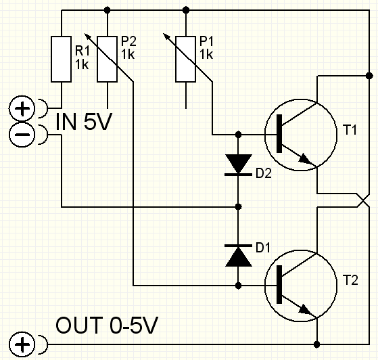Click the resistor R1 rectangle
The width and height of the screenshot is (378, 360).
tap(62, 59)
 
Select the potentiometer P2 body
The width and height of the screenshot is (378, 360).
tap(108, 59)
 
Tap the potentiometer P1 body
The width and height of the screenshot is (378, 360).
tap(186, 59)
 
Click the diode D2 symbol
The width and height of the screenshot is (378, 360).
tap(238, 165)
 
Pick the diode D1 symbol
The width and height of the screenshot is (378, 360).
tap(238, 256)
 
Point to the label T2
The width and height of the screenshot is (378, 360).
tap(350, 280)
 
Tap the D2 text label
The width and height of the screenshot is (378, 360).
tap(264, 173)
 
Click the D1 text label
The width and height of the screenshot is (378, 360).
tap(263, 248)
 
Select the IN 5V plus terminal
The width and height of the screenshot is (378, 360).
tap(22, 108)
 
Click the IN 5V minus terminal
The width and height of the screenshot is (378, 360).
tap(22, 135)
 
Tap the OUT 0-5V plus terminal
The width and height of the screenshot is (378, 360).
tap(22, 344)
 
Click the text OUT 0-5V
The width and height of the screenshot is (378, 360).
tap(107, 325)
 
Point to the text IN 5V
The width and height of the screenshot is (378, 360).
tap(84, 122)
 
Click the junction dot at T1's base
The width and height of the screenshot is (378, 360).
tap(238, 135)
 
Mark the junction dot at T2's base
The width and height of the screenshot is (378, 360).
tap(238, 286)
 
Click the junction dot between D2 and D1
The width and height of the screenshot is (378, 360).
tap(238, 206)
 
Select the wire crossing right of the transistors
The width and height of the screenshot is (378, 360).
tap(363, 200)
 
